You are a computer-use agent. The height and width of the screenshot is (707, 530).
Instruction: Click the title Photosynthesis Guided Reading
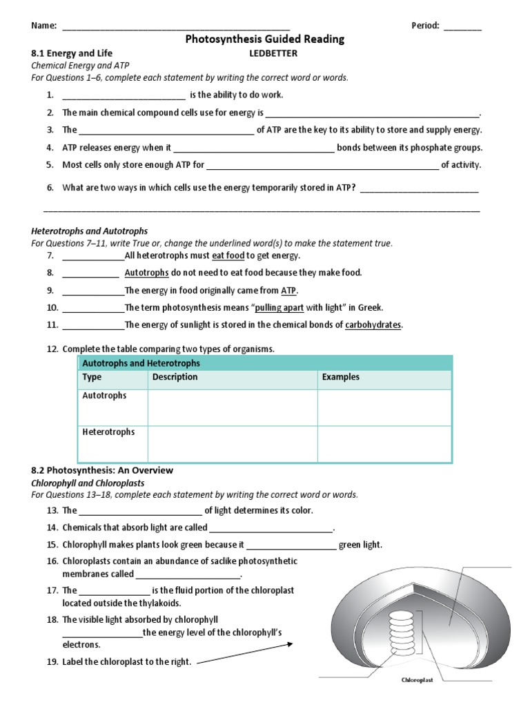(x=264, y=39)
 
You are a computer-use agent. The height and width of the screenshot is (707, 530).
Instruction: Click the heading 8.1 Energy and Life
(x=72, y=53)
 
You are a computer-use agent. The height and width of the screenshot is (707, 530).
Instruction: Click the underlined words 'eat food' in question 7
(x=228, y=255)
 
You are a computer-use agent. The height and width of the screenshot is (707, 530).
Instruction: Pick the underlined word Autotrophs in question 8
(x=146, y=273)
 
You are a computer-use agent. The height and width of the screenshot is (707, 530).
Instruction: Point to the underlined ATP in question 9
(x=288, y=291)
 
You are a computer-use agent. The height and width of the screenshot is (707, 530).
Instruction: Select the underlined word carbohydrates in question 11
(x=373, y=325)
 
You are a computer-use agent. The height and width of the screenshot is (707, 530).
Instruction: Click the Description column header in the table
(x=175, y=377)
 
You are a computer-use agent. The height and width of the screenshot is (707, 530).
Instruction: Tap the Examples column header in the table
(x=340, y=377)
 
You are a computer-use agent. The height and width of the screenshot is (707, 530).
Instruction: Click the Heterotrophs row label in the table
(x=108, y=432)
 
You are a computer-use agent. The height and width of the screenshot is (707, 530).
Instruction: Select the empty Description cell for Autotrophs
(x=232, y=407)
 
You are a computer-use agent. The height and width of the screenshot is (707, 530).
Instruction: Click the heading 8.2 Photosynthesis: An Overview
(x=102, y=470)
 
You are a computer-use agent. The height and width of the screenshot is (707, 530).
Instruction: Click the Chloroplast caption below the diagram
(x=417, y=680)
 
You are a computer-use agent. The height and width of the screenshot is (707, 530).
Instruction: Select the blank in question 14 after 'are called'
(x=271, y=528)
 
